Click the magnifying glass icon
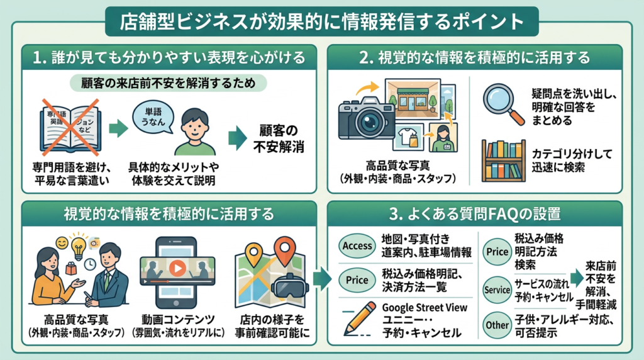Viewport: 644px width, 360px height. (503, 103)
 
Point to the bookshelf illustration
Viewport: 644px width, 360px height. (503, 160)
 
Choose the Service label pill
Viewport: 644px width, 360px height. (497, 290)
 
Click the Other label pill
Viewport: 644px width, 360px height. (497, 325)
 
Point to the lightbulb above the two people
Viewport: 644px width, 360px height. (79, 247)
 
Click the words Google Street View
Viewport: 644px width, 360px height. (425, 308)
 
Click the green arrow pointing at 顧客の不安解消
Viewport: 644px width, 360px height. (236, 139)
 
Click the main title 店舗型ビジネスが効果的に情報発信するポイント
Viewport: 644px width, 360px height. (322, 21)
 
